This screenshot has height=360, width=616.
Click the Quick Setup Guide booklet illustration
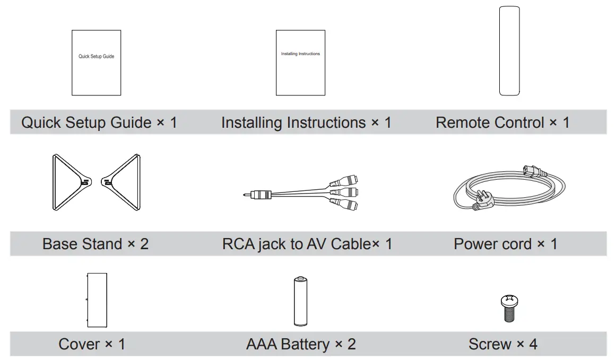[96, 63]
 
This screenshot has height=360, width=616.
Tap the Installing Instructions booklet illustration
[300, 63]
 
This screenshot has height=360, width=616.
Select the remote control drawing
[509, 51]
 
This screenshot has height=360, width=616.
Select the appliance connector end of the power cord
[534, 171]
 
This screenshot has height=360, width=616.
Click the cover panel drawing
[97, 300]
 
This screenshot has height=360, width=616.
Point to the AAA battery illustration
[300, 301]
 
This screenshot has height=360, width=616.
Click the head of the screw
[509, 301]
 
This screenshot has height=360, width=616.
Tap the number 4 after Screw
[533, 344]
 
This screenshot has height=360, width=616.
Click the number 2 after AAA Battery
[352, 344]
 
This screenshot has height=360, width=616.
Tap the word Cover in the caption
[79, 344]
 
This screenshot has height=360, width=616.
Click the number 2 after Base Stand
[144, 244]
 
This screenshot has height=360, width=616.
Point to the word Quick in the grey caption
[41, 122]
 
